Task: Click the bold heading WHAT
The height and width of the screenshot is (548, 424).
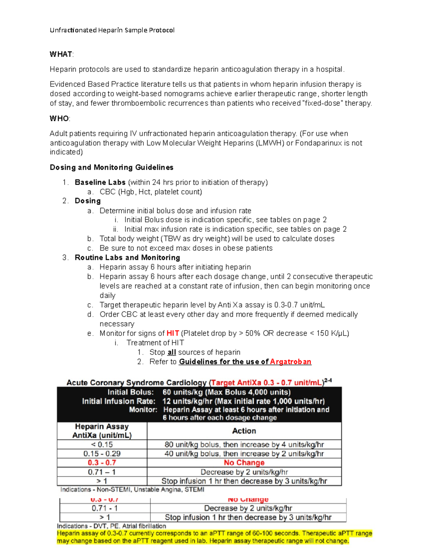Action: tap(61, 54)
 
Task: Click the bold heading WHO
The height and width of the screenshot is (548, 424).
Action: tap(59, 119)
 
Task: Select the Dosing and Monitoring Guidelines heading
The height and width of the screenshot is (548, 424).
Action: tap(111, 167)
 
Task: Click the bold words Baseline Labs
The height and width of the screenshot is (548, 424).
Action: tap(100, 182)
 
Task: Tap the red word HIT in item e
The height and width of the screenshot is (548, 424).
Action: tap(173, 333)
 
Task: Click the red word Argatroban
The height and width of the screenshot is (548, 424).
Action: tap(290, 362)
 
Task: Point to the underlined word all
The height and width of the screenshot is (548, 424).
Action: tap(172, 352)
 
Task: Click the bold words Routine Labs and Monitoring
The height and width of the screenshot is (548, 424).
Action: tap(127, 258)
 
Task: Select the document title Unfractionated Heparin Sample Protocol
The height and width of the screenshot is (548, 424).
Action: tap(112, 30)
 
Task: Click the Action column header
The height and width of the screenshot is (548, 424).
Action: tap(244, 431)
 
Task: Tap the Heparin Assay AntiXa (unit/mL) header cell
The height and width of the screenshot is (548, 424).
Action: tap(102, 431)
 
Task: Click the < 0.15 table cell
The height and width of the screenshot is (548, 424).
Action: tap(102, 445)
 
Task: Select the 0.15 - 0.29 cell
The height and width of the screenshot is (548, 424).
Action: tap(102, 454)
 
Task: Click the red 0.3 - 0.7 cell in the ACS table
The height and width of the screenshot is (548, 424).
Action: tap(102, 463)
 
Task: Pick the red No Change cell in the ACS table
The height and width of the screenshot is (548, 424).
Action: tap(244, 463)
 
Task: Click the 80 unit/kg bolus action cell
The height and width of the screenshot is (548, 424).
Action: tap(244, 445)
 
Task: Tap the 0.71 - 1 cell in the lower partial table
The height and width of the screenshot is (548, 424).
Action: tap(105, 508)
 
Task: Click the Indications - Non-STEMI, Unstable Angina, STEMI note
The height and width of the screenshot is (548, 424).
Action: tap(132, 490)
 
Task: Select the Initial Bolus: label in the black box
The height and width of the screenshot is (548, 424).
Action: tap(130, 392)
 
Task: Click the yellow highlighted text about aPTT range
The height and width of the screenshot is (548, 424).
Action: tap(214, 537)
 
